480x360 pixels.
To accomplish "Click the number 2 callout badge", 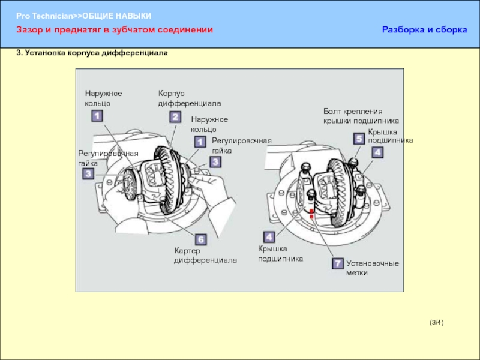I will point(175,117).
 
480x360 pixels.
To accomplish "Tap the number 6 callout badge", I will point(200,240).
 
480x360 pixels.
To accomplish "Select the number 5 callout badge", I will point(359,139).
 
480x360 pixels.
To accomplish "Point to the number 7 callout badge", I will point(337,263).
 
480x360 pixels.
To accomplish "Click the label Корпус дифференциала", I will point(190,99).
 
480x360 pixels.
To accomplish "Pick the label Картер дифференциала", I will point(205,255).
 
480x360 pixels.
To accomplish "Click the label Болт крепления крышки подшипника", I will point(361,116).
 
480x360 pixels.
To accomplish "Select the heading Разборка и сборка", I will point(424,29).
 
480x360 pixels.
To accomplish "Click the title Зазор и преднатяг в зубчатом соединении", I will point(115,29).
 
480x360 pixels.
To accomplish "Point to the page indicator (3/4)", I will point(437,323).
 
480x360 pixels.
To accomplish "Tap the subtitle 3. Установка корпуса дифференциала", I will point(92,53).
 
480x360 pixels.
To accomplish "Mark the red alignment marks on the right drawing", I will point(311,214).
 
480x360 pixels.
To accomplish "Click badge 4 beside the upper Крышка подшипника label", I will point(377,152).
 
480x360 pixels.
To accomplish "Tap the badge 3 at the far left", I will point(88,174).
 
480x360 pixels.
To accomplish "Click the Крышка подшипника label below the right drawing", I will point(280,254).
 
